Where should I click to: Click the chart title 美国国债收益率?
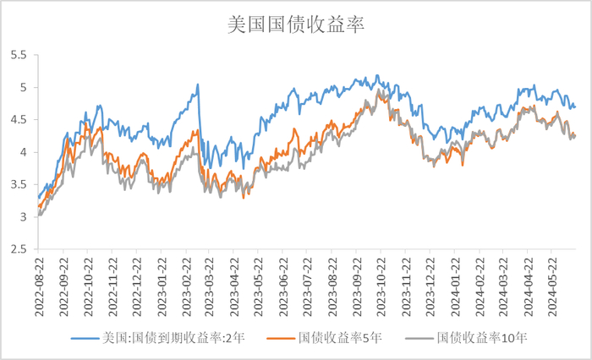[296, 24]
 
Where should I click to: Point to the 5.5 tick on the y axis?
[19, 55]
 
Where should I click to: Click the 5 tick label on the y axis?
[24, 87]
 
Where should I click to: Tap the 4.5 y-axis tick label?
[19, 120]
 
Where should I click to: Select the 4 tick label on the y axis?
[24, 152]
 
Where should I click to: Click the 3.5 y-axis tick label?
[19, 185]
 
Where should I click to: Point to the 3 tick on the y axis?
[24, 217]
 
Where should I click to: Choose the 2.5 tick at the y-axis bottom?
[19, 250]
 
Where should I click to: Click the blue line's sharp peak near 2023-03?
[198, 85]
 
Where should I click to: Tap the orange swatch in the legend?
[280, 339]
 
